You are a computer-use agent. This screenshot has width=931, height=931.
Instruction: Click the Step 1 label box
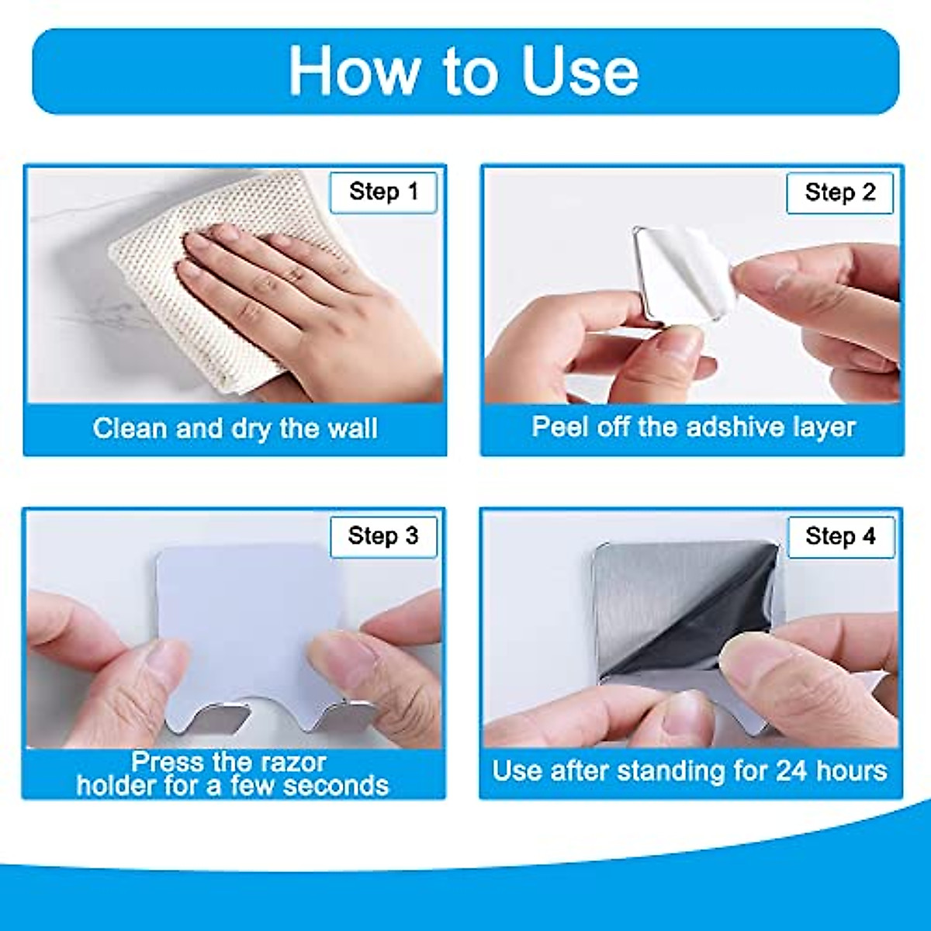(383, 192)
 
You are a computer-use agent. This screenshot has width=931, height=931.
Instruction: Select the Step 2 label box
(839, 193)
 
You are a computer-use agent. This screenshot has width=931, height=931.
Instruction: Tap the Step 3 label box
(383, 536)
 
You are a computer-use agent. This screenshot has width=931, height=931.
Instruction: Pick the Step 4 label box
(840, 537)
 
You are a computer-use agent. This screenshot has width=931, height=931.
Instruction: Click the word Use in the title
(580, 71)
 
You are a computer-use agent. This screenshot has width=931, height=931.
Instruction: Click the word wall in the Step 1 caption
(349, 429)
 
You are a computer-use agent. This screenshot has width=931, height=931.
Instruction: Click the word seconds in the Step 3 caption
(336, 786)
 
